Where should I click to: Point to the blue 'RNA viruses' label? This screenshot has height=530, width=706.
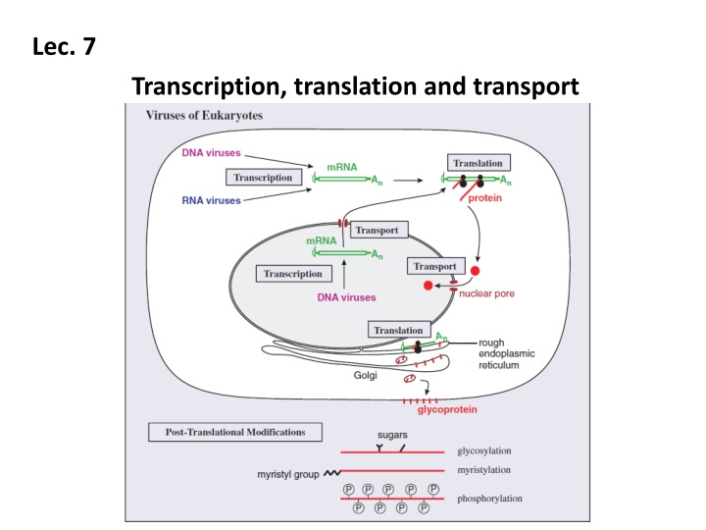point(212,201)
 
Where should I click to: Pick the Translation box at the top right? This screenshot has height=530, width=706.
point(478,162)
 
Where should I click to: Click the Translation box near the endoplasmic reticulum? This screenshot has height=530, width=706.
point(398,331)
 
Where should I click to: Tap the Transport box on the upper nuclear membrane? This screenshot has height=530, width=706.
point(377,231)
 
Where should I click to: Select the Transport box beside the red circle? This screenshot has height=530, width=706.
point(434,266)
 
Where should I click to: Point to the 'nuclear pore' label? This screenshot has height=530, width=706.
point(487,292)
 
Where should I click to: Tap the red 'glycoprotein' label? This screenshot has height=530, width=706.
point(434,410)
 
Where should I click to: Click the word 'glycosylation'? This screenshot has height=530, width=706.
point(484,450)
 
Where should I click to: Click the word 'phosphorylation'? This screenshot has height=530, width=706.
point(489,499)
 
